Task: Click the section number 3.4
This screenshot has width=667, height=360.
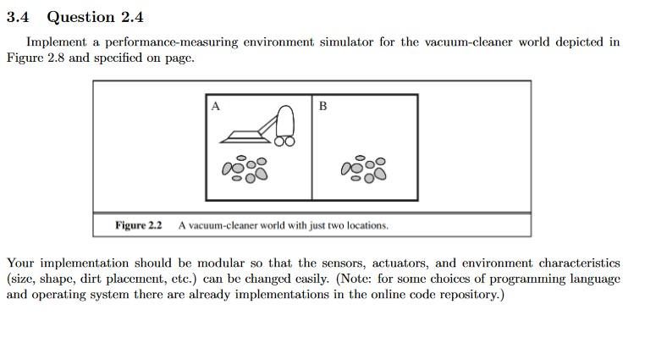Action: (x=17, y=17)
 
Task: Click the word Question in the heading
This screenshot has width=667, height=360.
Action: (x=80, y=17)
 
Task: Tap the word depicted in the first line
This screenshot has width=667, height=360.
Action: (x=587, y=42)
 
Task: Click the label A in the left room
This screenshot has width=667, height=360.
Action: (x=215, y=106)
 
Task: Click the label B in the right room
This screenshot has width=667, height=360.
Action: (x=322, y=106)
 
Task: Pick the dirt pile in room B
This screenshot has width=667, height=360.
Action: (x=364, y=169)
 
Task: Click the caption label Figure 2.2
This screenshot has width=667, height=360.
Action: (x=138, y=225)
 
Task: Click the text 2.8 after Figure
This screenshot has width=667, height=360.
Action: (x=58, y=58)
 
